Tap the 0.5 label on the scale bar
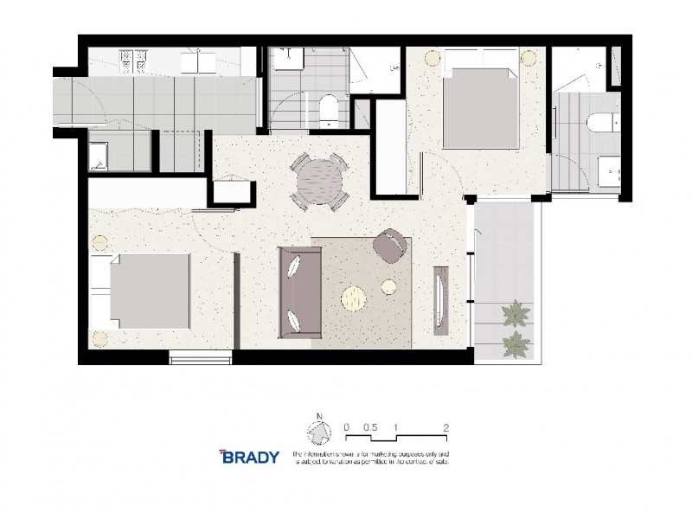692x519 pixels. tap(370, 426)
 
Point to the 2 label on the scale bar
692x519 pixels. tap(445, 426)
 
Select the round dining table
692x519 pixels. tap(319, 182)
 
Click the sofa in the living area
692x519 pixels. tap(298, 292)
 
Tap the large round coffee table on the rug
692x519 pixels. tap(355, 299)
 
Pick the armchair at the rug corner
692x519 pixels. tap(391, 245)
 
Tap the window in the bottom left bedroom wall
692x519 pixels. tap(201, 356)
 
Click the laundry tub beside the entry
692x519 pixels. tap(98, 154)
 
